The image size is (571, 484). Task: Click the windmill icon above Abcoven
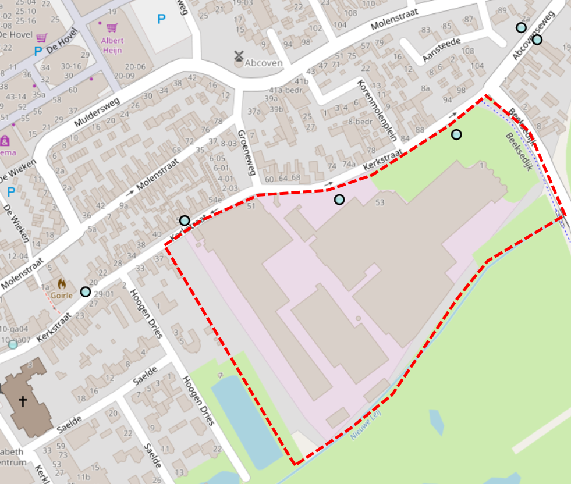238,56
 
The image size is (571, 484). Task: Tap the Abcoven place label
264,63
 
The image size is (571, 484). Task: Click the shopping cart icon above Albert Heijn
112,27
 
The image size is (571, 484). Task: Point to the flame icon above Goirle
62,283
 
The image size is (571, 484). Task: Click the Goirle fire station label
62,295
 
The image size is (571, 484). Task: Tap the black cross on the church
23,401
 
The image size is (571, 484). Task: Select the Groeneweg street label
249,152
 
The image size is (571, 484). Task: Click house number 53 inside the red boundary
380,202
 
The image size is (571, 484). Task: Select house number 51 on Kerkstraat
251,206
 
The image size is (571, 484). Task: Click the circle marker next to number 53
339,200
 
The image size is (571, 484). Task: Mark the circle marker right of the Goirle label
86,291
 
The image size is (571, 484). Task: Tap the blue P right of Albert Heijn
161,19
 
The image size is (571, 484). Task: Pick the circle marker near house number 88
456,134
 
